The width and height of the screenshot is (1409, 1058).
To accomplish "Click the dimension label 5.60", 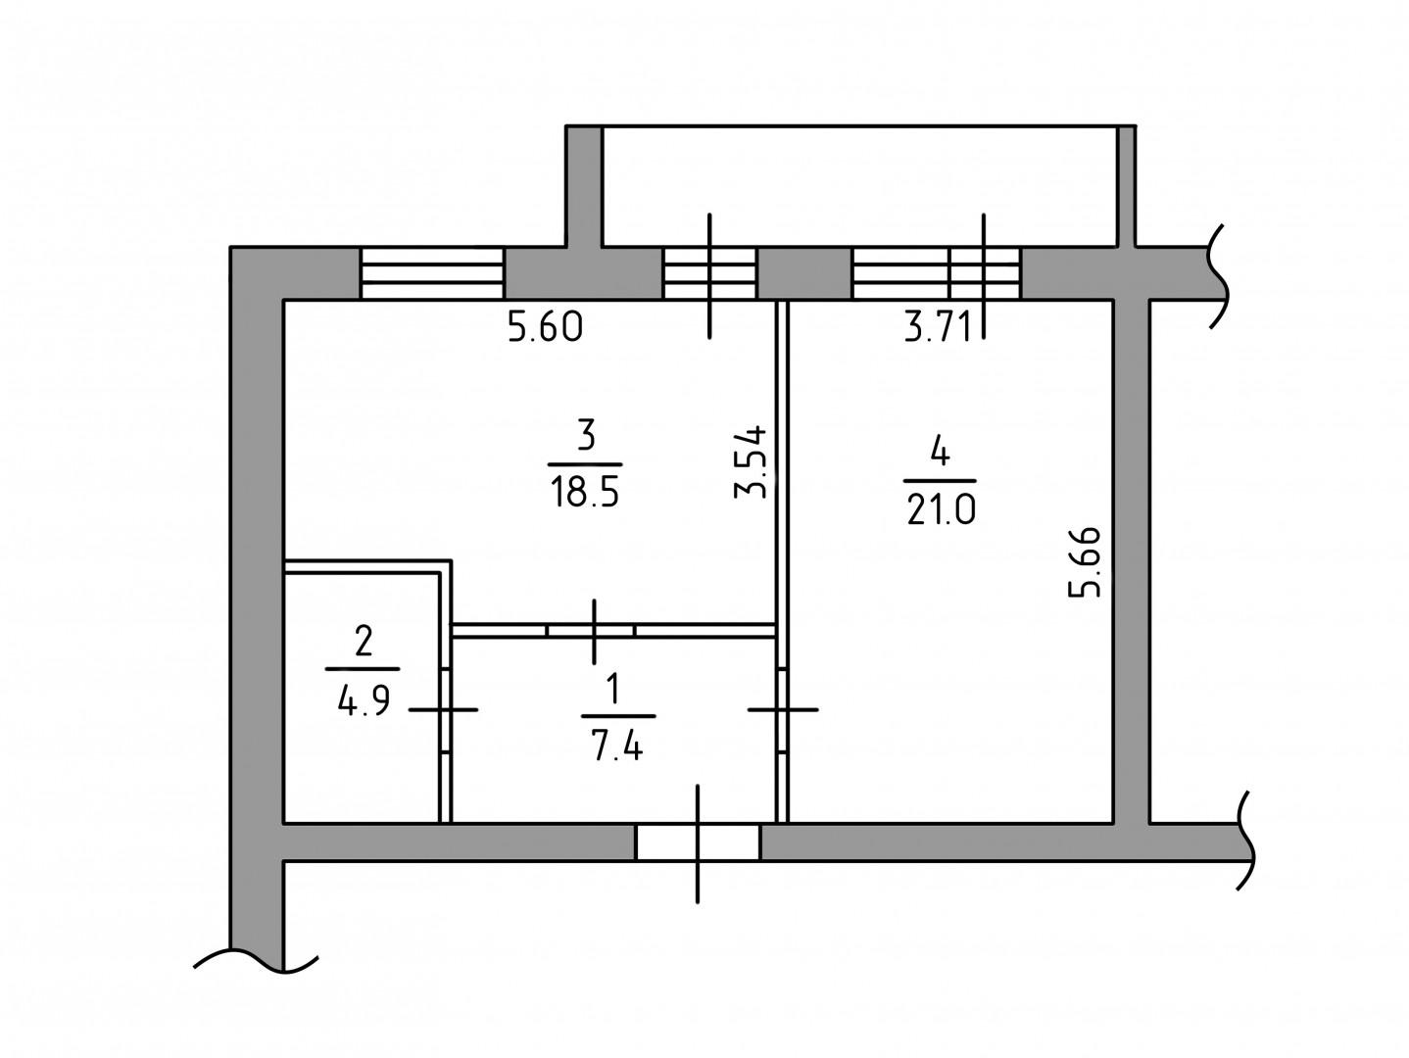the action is point(545,326).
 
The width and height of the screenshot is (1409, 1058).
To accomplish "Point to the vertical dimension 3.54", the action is point(751,462).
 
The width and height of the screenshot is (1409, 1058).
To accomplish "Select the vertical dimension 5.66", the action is point(1085,562).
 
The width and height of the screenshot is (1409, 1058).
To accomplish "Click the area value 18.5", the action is point(585,493).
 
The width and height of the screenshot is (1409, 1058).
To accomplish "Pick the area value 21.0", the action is point(941,510).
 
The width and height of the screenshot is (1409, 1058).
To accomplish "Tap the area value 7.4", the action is point(617,746).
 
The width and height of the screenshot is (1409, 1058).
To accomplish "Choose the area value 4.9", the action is point(364,700).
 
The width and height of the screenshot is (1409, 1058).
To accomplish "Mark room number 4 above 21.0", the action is point(940,452).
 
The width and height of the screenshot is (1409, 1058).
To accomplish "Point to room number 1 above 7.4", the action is point(614,689).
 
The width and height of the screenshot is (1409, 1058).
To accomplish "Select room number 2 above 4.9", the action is point(364,642).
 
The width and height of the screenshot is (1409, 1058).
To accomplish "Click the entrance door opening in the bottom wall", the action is point(698,842).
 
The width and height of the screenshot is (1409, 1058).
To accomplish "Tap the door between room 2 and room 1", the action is point(446,709).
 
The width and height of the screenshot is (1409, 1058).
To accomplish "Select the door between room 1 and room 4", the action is point(782,709).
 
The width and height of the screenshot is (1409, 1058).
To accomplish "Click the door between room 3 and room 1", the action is point(591,630).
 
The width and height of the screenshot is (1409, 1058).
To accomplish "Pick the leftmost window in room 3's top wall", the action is point(432,272).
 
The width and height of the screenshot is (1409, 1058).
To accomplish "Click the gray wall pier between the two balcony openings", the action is point(804,272).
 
